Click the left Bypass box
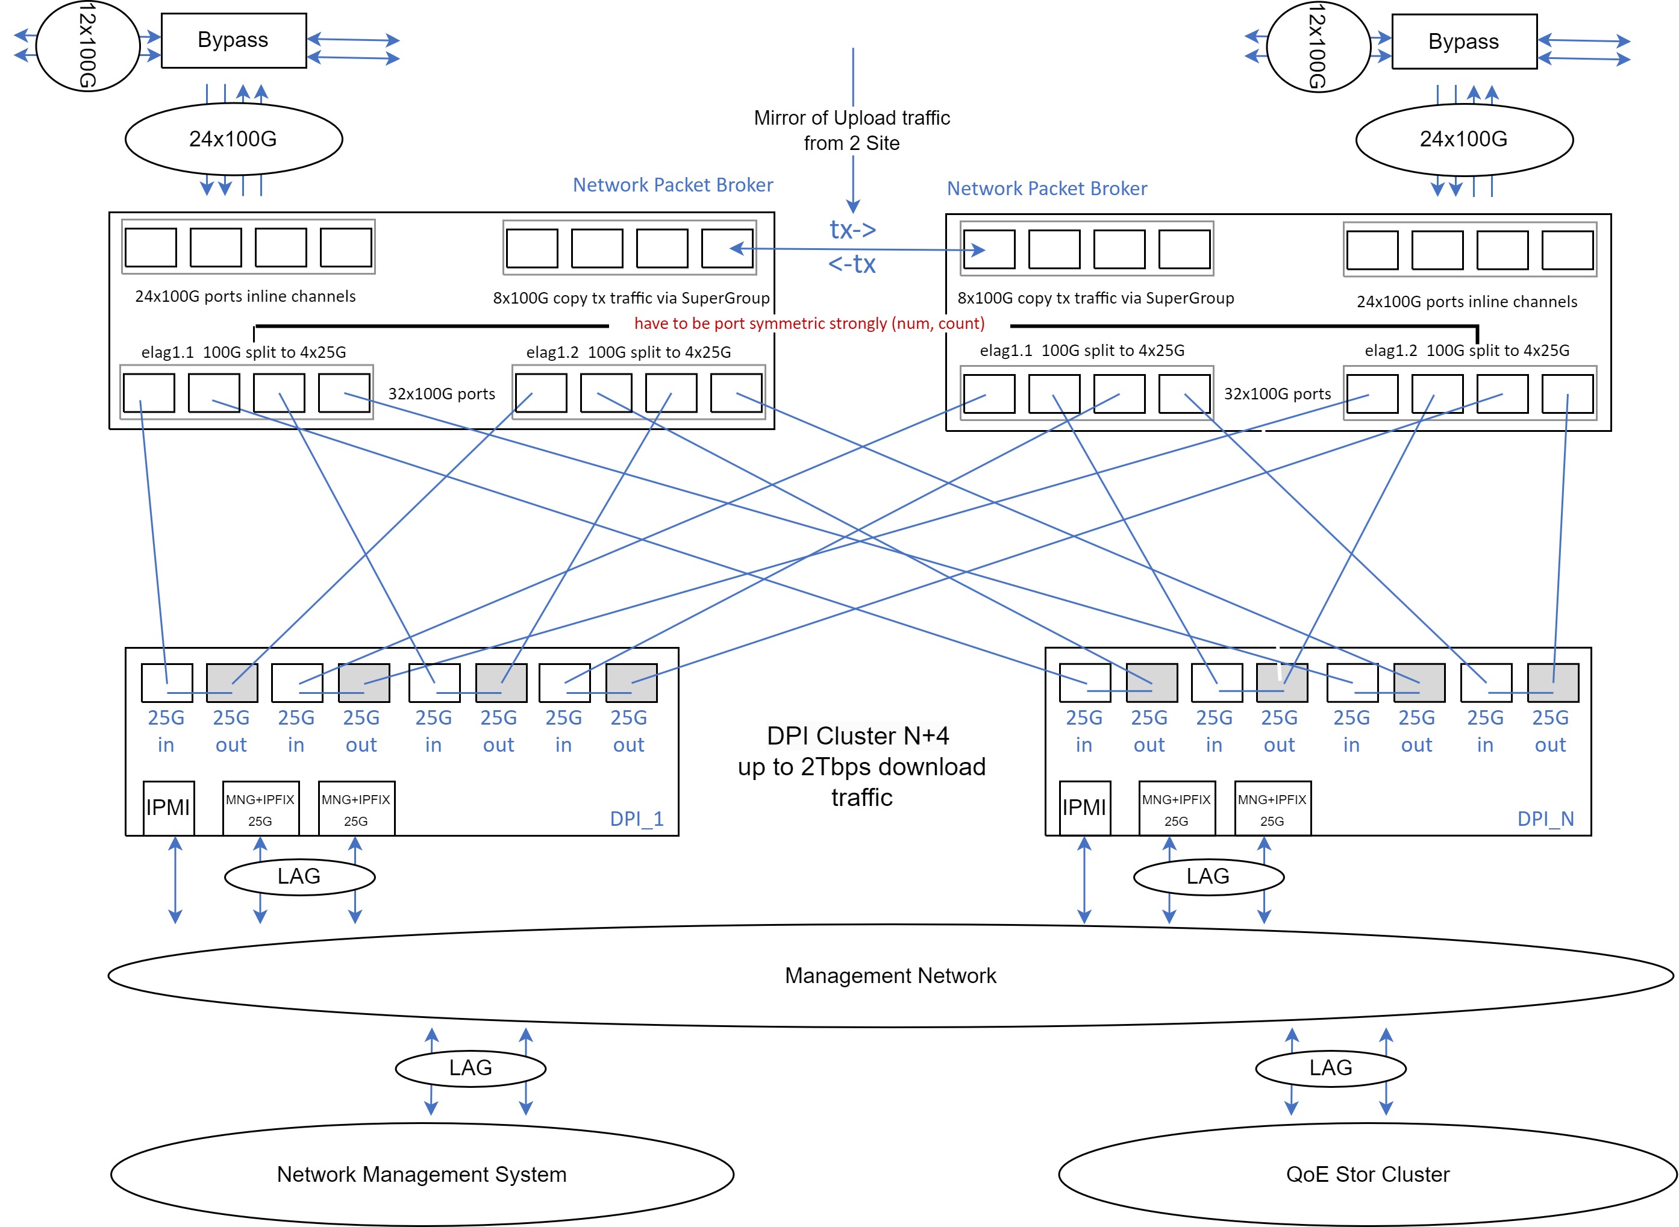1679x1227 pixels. point(233,40)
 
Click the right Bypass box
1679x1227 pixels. point(1463,42)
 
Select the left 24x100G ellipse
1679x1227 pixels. point(233,139)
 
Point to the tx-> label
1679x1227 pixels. point(852,229)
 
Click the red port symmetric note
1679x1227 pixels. point(809,323)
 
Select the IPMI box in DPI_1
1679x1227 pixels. point(169,807)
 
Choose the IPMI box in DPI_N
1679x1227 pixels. point(1084,807)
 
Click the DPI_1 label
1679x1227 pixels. point(636,819)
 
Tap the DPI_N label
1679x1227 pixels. point(1545,819)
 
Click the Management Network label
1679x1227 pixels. point(890,975)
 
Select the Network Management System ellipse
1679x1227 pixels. point(421,1174)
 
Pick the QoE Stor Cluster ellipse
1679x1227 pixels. point(1367,1174)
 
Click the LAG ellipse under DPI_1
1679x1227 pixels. point(299,876)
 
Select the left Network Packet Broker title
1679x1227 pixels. point(672,185)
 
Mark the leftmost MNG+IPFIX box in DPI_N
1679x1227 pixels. point(1176,809)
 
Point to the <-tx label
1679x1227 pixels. point(852,264)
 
